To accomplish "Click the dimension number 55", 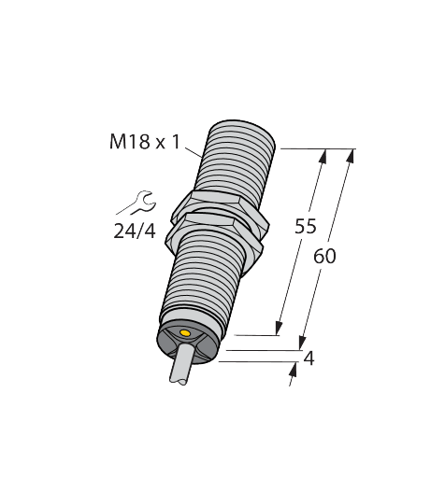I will tap(305, 225).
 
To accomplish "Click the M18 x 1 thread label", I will tap(144, 143).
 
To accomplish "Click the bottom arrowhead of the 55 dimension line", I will tap(279, 327).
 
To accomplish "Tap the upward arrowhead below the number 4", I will tap(293, 371).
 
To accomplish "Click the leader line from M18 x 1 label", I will tap(193, 149).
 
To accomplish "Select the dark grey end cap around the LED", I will tap(192, 342).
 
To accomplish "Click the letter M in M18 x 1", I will tap(117, 143).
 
